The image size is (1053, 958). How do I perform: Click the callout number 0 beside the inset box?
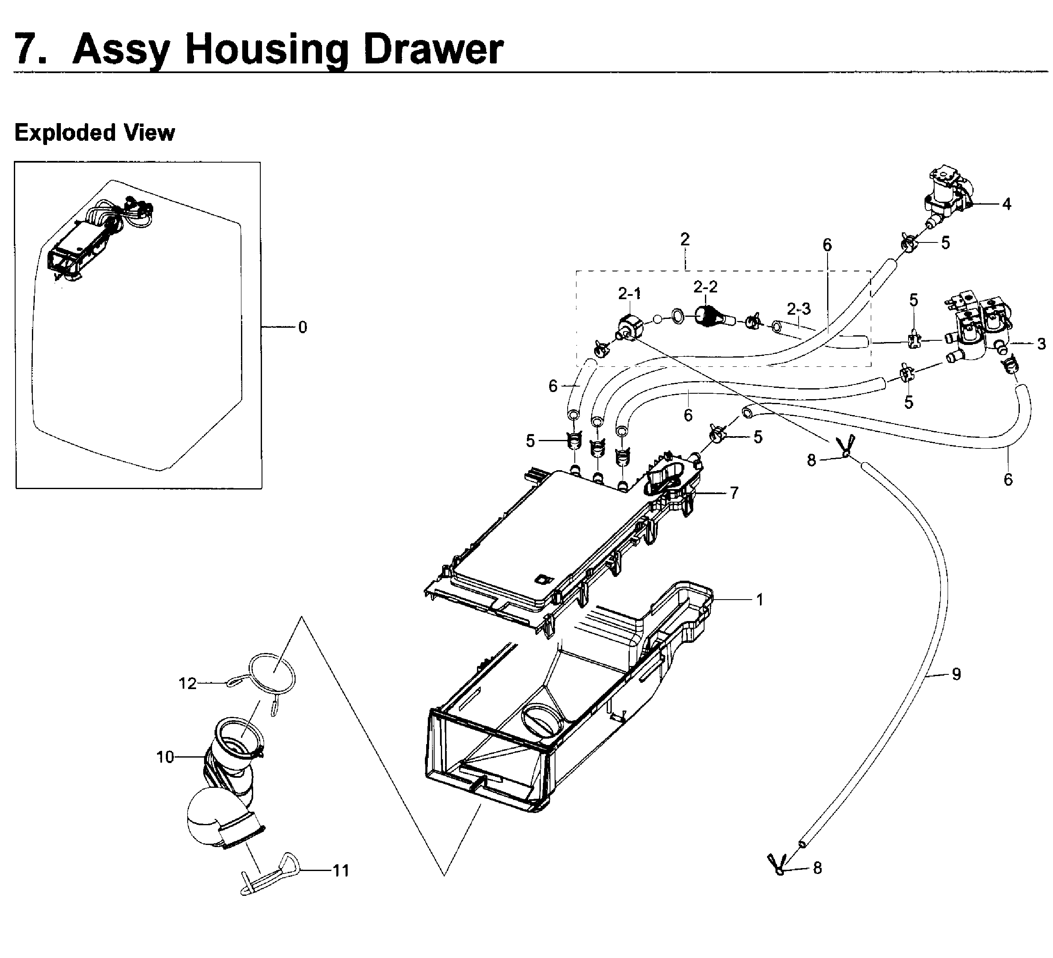click(302, 327)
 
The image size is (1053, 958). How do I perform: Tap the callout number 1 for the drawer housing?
click(760, 600)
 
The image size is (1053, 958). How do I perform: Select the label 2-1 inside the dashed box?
click(629, 294)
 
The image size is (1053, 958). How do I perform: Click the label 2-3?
click(799, 309)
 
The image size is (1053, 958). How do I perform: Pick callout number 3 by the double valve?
click(1041, 343)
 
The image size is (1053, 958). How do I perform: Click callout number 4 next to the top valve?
click(1006, 204)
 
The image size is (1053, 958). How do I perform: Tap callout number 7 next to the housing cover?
click(734, 492)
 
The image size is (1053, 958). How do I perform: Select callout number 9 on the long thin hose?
click(956, 674)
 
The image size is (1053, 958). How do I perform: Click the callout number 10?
click(165, 757)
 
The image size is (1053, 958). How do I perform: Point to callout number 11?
click(341, 870)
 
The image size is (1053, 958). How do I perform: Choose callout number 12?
click(187, 683)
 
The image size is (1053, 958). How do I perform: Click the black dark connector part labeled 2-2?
click(708, 317)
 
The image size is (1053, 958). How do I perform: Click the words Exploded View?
click(94, 132)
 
